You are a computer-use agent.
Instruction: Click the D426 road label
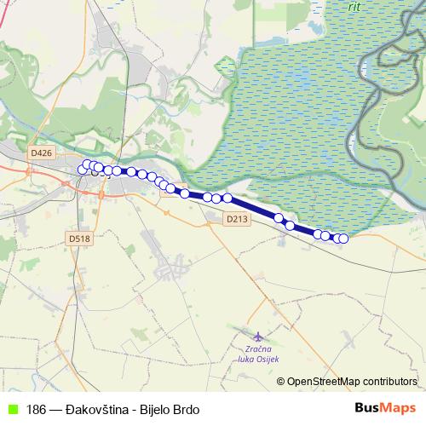(40, 153)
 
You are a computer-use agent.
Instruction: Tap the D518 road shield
(80, 239)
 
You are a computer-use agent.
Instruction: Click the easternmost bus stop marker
(344, 239)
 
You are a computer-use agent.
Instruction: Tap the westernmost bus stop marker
(83, 170)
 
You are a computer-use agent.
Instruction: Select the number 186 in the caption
(36, 408)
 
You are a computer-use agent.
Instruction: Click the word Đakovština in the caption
(98, 408)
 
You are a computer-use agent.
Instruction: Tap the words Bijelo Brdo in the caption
(169, 408)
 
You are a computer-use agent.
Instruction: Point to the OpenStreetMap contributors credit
(352, 382)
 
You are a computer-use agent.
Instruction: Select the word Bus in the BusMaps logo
(369, 407)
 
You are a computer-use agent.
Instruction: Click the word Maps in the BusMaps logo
(400, 407)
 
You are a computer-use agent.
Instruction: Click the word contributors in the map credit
(390, 382)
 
